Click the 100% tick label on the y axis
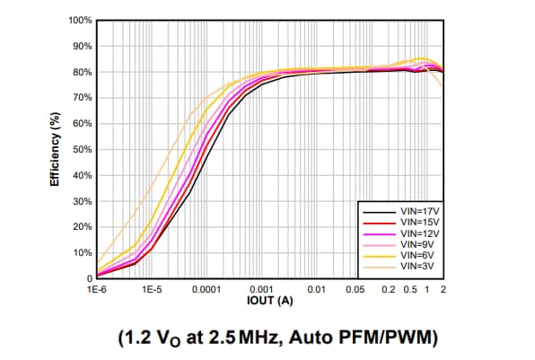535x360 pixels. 80,20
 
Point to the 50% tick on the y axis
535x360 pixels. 82,149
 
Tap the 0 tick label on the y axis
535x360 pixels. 89,278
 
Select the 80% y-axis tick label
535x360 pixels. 82,72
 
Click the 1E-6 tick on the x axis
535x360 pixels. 97,290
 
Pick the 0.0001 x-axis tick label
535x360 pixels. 206,290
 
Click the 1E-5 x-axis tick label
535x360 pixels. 152,290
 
